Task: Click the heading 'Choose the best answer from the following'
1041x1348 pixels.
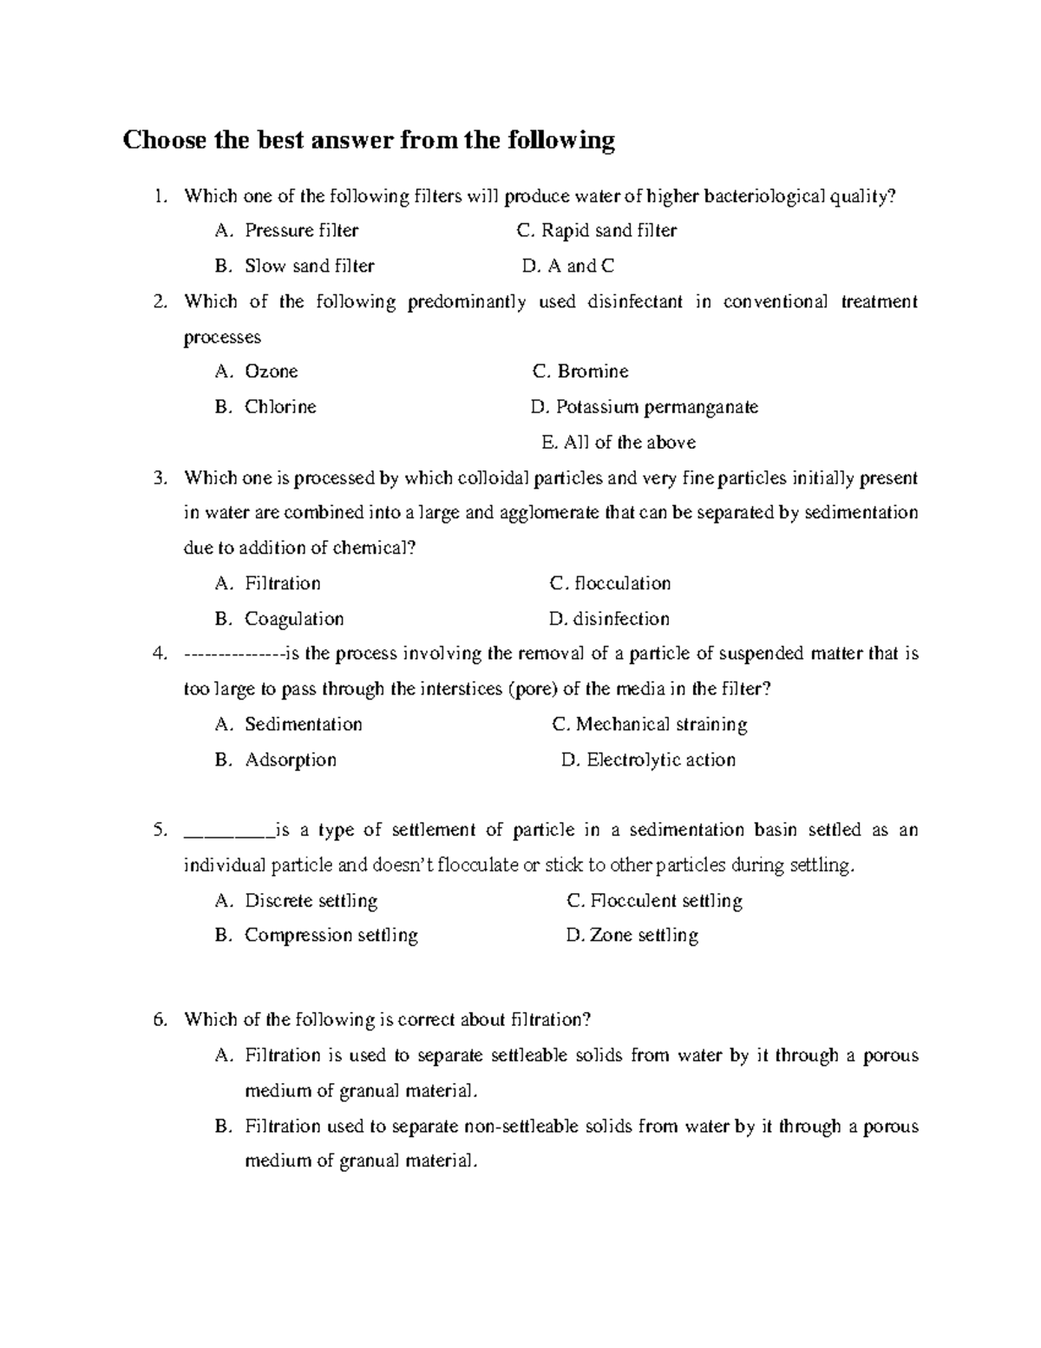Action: [x=369, y=141]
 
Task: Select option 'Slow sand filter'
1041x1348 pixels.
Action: [x=309, y=266]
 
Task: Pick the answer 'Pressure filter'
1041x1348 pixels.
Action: [x=301, y=231]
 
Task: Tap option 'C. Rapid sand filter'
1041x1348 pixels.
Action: [x=596, y=231]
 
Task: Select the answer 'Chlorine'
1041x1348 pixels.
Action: [x=280, y=407]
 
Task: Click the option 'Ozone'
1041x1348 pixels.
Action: [x=271, y=372]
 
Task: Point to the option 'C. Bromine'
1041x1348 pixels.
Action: [x=580, y=372]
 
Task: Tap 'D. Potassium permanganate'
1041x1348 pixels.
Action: [x=645, y=407]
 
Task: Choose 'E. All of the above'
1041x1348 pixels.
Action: [x=618, y=443]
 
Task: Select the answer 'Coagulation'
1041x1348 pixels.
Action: [x=294, y=619]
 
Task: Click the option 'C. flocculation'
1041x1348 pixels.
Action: [x=610, y=583]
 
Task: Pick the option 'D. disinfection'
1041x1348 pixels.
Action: [x=609, y=619]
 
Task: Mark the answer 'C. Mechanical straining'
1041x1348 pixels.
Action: [x=649, y=725]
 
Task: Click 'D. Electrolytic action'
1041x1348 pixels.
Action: [x=648, y=760]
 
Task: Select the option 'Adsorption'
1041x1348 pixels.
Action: [x=290, y=760]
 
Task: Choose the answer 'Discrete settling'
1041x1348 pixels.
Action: [x=311, y=901]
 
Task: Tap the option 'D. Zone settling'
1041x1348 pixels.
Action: [x=632, y=936]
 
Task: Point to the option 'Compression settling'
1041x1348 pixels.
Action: [x=331, y=936]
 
